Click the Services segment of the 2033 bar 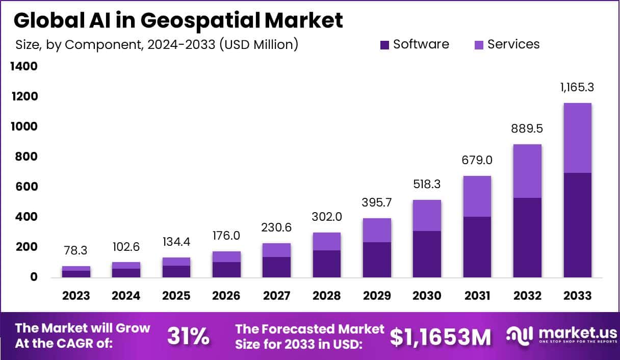[577, 138]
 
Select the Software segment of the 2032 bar [527, 238]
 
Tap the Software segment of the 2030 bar [427, 254]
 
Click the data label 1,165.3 [577, 87]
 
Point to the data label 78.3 [76, 250]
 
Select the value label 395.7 [377, 202]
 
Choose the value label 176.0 [226, 236]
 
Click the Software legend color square [385, 45]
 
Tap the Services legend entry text [513, 44]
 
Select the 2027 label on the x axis [276, 296]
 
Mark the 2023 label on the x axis [76, 296]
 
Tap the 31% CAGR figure [188, 337]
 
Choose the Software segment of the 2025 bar [176, 271]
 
